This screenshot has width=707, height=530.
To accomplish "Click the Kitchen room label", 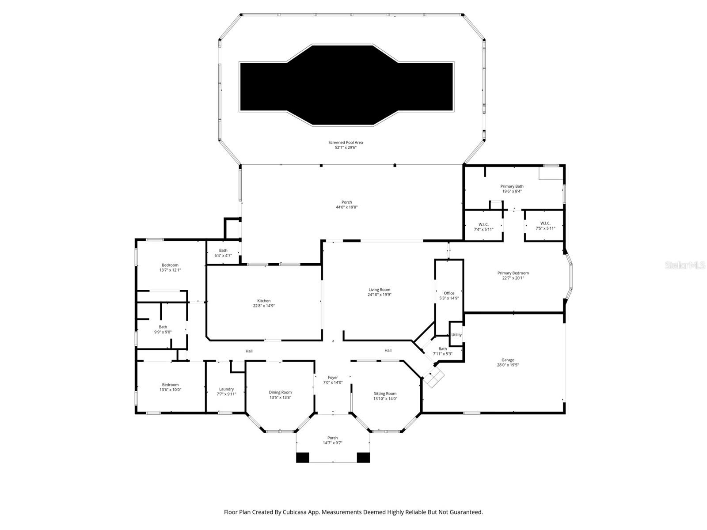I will coord(264,301).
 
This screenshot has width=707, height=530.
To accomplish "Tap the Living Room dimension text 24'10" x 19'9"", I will coord(380,295).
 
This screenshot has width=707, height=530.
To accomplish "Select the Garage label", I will coord(508,360).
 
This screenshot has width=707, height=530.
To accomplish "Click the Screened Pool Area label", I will coord(346,142).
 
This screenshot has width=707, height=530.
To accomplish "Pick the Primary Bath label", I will coord(512,186).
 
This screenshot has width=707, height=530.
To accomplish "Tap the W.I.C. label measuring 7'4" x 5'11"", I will coord(483,224).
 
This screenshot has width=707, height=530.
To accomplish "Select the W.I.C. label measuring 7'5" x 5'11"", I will coord(545,223).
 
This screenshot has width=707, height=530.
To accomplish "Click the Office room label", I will coord(449,293).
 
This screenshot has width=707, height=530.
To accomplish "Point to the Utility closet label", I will coord(456,334).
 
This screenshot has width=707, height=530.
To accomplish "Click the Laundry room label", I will coord(226,389).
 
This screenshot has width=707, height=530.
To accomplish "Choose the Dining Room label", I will coord(280,392).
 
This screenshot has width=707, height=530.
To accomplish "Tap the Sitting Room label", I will coord(385,394).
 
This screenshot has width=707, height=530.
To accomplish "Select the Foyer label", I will coord(333,378).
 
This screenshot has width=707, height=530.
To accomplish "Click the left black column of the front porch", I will coord(303,458).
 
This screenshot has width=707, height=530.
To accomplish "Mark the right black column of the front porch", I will coord(363,458).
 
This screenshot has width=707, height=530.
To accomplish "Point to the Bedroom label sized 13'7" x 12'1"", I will coord(170,265).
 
